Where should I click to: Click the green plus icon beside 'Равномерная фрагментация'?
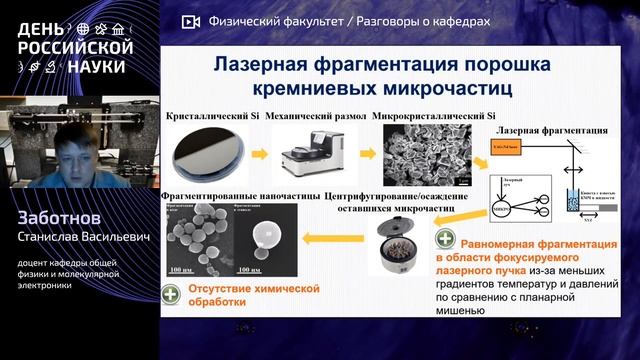pyautogui.click(x=443, y=240)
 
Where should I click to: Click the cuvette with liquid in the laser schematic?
pyautogui.click(x=571, y=198)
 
